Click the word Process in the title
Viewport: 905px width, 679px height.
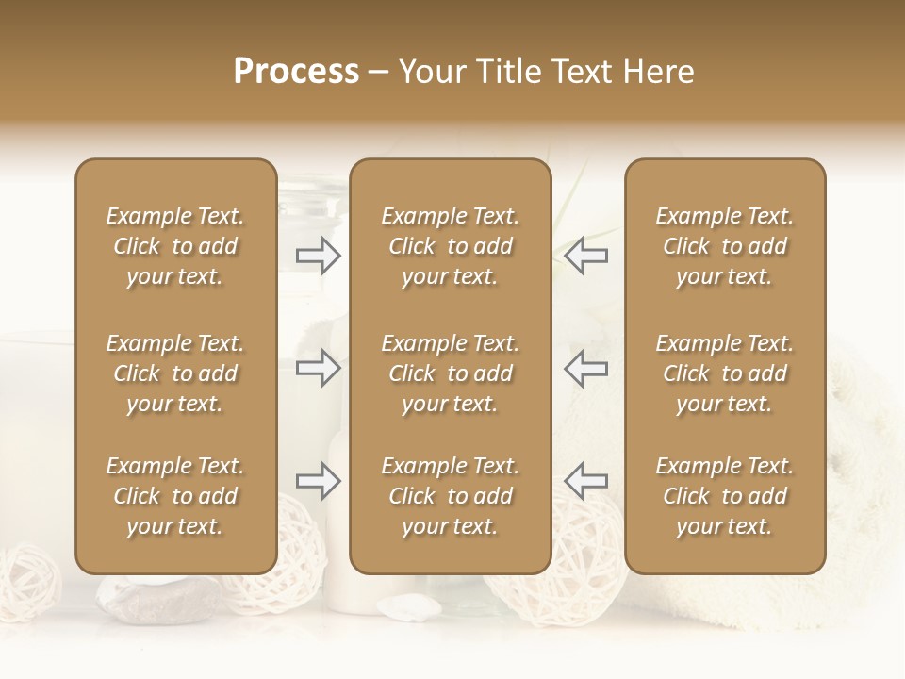296,72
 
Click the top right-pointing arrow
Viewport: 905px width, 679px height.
318,256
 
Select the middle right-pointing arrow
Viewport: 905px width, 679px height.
318,368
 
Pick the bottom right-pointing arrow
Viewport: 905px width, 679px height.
318,481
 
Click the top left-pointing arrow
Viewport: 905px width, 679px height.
585,256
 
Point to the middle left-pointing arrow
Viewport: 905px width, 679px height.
585,368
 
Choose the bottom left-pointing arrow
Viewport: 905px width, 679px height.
585,481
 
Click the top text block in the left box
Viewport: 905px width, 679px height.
175,246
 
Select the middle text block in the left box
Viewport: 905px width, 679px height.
175,373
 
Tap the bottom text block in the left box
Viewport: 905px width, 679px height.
175,496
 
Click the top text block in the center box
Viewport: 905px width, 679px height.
451,246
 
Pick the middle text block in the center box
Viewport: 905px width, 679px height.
451,373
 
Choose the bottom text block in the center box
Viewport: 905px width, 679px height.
451,496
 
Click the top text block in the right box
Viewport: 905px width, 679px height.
725,246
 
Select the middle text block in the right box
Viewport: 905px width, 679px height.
725,373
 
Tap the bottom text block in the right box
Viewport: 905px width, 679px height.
725,496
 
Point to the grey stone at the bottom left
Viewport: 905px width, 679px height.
160,600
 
